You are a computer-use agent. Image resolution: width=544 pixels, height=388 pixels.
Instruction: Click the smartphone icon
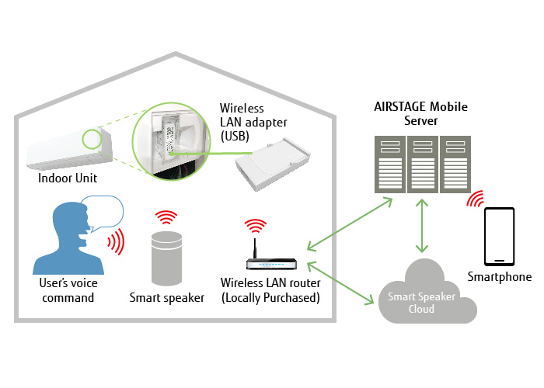[x=500, y=236]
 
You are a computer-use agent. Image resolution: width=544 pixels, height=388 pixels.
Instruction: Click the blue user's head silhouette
[x=65, y=233]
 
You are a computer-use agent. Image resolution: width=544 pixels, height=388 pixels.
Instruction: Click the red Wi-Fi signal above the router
[x=254, y=226]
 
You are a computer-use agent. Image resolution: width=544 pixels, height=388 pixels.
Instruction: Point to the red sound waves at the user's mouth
[x=116, y=242]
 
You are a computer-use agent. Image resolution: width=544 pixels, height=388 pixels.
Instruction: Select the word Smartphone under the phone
[x=500, y=277]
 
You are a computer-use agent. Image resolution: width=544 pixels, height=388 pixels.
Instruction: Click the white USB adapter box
[x=270, y=165]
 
